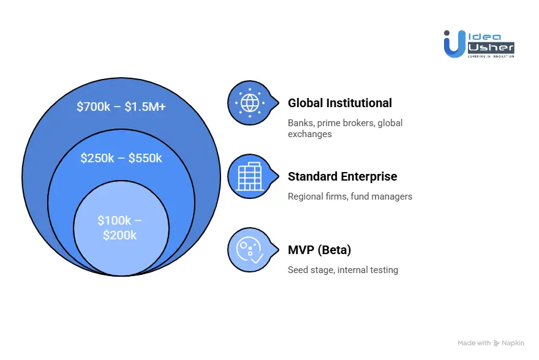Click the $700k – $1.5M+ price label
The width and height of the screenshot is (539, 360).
[121, 107]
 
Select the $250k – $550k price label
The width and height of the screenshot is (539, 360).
[121, 158]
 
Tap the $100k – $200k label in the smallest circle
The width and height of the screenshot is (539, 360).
[120, 227]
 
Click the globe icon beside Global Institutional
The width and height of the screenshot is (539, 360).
[249, 102]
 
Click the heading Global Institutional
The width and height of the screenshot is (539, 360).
[340, 103]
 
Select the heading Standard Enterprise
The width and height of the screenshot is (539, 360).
[342, 176]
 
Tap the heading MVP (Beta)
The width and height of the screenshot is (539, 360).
[319, 250]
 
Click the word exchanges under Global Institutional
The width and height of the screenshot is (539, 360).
[310, 133]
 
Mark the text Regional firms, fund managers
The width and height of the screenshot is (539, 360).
[350, 197]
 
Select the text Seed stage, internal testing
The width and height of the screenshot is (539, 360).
[343, 270]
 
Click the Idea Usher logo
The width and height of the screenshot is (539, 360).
[479, 43]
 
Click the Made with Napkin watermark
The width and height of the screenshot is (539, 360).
[492, 343]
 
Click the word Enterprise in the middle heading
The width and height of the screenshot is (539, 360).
[368, 176]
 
